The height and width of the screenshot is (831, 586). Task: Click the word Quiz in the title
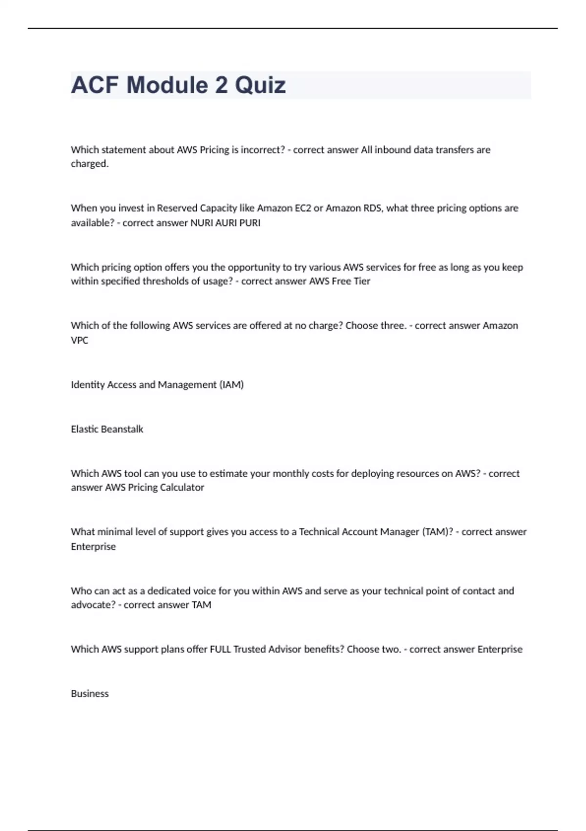260,85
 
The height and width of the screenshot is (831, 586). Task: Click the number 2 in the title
221,85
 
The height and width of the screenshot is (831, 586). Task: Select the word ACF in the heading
95,85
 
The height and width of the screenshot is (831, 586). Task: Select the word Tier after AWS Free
362,281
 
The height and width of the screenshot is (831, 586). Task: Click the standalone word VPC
80,340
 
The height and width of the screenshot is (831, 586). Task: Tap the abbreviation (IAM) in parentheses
232,385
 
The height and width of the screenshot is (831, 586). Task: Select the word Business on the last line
90,694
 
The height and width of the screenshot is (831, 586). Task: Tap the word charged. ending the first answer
90,164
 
